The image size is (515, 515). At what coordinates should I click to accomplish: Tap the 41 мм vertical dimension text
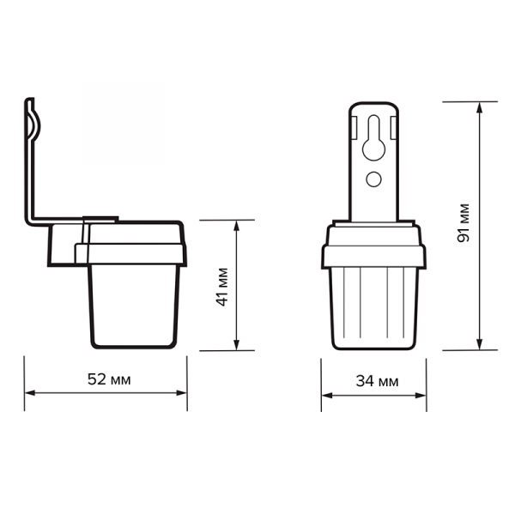click(222, 286)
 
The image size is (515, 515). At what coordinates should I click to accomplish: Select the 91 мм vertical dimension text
click(463, 225)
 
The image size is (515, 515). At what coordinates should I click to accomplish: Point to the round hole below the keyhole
click(374, 179)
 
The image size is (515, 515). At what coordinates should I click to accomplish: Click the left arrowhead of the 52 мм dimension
click(28, 393)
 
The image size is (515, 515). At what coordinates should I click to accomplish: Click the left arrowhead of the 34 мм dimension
click(327, 396)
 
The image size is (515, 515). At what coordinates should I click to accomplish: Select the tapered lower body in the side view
click(136, 305)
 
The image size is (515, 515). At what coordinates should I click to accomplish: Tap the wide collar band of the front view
click(374, 255)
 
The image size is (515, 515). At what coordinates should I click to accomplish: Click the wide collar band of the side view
click(130, 252)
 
